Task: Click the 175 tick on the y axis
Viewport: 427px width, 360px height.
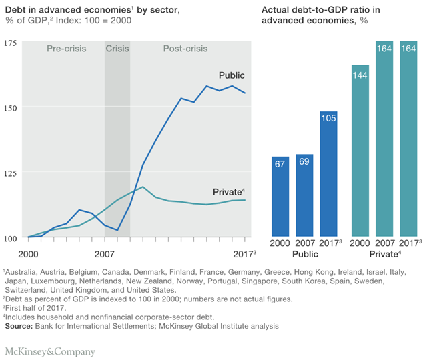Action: click(x=10, y=43)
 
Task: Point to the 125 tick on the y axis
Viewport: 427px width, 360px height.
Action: click(x=10, y=173)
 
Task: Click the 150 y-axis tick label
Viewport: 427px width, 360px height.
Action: click(x=10, y=107)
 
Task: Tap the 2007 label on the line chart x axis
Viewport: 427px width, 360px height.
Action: click(x=105, y=255)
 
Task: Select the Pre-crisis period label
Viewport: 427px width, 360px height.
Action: click(x=66, y=49)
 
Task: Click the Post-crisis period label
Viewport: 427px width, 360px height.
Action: click(x=185, y=49)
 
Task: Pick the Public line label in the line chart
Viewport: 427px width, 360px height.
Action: click(x=232, y=75)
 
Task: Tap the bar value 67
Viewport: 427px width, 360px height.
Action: click(x=280, y=164)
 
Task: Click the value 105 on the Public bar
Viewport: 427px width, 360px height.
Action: click(x=329, y=119)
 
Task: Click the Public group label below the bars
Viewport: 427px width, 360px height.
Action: click(x=305, y=255)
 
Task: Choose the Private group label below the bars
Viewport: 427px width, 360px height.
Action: click(x=385, y=255)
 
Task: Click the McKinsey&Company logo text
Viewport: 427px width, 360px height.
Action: click(x=50, y=351)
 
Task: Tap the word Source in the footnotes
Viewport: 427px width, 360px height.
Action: click(x=19, y=326)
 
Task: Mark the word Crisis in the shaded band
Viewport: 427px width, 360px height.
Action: click(x=118, y=49)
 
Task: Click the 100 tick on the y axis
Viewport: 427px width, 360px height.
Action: click(x=10, y=238)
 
